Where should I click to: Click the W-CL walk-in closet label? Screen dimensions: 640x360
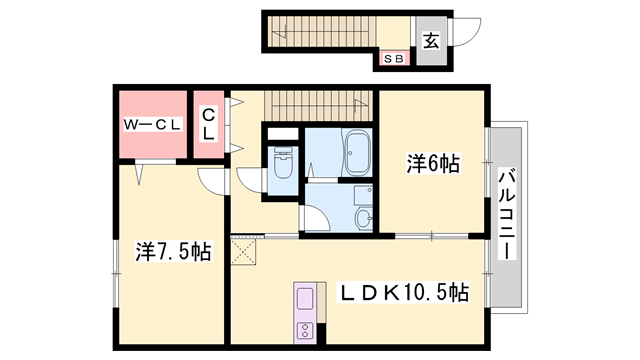coord(153,124)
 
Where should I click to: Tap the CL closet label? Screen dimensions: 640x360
coord(209,124)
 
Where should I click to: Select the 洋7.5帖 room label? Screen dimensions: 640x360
coord(173,251)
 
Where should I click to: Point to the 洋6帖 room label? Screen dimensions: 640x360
coord(433,163)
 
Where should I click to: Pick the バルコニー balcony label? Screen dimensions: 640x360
coord(507,215)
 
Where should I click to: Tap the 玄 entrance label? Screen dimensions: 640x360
coord(431,40)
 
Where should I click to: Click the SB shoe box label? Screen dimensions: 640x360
coord(393,59)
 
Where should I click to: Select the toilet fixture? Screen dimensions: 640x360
coord(283,162)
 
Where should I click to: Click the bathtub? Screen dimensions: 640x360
coord(358,152)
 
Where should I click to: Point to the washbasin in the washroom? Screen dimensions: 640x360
coord(363,218)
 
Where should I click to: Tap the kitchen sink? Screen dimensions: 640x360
coord(305,299)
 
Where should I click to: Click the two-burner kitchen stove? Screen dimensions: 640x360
coord(305,329)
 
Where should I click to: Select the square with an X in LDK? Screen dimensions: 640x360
coord(243,252)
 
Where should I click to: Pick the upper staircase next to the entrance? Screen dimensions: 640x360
coord(322,32)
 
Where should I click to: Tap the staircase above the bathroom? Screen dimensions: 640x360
coord(318,106)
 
